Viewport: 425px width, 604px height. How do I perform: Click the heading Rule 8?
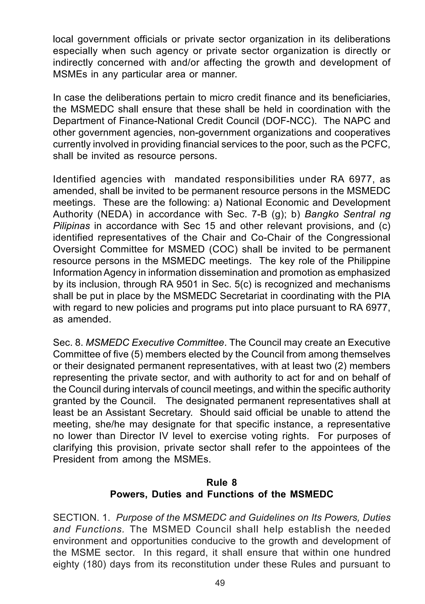tap(222, 482)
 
